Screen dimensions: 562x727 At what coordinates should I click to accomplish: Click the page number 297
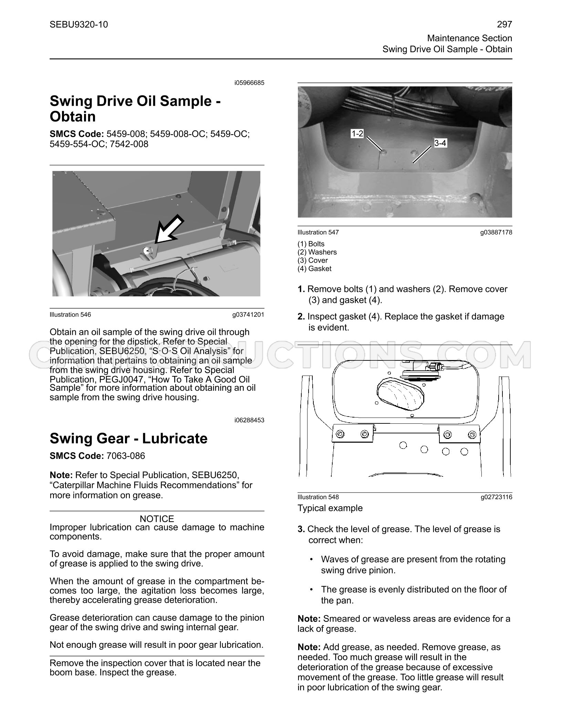505,24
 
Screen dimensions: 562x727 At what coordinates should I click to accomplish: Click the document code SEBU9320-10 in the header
79,24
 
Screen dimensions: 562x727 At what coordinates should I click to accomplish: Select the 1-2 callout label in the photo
357,134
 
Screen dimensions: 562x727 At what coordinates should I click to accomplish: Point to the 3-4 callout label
440,143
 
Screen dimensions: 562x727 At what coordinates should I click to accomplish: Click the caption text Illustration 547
318,232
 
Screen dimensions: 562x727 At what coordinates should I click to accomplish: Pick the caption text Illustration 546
70,315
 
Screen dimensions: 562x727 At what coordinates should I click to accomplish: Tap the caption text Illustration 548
318,497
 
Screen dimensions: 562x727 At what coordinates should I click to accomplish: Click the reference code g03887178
496,232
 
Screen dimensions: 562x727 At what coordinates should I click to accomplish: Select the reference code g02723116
496,497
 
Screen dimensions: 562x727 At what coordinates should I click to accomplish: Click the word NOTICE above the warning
157,519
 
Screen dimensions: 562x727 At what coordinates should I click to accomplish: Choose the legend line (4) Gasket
314,268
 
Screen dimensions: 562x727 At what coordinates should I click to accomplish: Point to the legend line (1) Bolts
311,244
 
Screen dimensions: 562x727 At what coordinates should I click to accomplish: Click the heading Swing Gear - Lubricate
129,439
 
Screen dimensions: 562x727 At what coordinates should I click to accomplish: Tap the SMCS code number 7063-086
126,456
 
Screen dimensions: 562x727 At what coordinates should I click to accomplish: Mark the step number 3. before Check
301,529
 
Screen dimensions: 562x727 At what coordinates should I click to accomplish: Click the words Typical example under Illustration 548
330,508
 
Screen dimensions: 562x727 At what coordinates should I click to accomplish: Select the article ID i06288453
249,420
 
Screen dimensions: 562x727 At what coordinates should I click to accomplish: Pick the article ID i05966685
249,83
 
